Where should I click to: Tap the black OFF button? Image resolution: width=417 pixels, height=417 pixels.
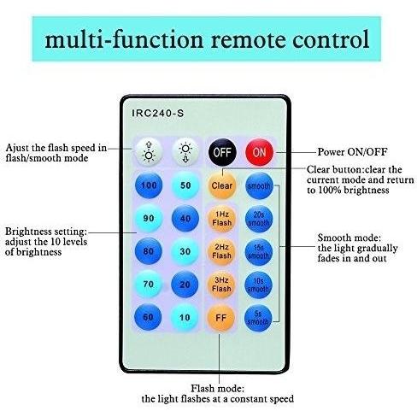(x=222, y=152)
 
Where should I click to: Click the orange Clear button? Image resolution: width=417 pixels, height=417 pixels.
(x=222, y=185)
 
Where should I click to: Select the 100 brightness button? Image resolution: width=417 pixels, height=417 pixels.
(x=149, y=185)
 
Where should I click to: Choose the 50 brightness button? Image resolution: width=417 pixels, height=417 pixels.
(x=185, y=185)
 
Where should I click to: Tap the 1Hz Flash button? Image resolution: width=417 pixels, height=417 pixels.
(x=221, y=219)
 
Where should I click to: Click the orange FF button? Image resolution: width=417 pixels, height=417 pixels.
(x=221, y=318)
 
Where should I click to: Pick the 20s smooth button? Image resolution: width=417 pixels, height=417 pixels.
(x=259, y=219)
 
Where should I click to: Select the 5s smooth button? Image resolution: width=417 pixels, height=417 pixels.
(x=258, y=318)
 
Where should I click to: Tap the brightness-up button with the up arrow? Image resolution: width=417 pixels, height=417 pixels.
(x=149, y=152)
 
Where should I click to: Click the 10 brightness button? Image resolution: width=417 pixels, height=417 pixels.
(x=185, y=317)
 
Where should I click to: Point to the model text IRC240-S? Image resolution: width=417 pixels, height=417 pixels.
(x=158, y=114)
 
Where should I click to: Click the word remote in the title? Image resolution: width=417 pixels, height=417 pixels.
(x=248, y=39)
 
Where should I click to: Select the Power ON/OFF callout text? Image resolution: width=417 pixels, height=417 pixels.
(x=352, y=152)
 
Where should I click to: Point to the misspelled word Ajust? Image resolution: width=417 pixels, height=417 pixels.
(x=18, y=148)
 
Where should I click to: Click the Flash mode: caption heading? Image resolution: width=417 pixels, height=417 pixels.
(x=217, y=389)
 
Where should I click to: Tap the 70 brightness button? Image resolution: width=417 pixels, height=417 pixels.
(x=149, y=285)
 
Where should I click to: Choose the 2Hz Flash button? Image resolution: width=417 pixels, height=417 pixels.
(x=221, y=251)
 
